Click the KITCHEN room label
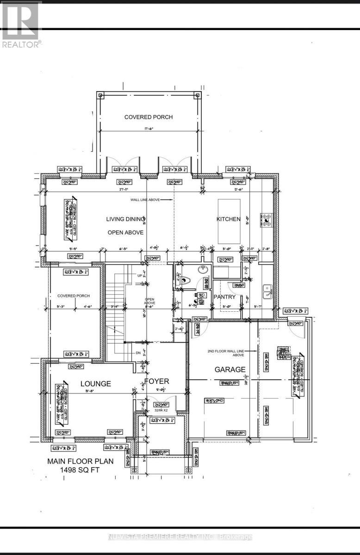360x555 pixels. pos(229,219)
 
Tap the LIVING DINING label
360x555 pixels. pos(126,219)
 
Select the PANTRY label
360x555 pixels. pos(224,297)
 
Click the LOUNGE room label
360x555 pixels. pos(96,383)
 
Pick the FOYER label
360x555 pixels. pos(156,381)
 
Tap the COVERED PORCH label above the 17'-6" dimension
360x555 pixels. pos(149,117)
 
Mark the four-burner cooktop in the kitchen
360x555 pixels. pos(267,220)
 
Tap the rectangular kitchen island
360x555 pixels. pos(229,221)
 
